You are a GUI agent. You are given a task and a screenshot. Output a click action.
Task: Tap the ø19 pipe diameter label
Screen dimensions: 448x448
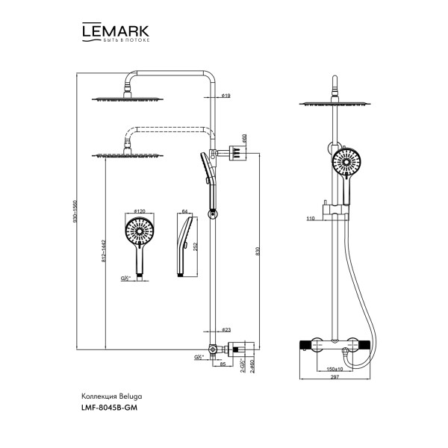click(x=225, y=96)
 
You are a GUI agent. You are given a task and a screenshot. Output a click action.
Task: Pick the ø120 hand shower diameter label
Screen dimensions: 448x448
click(x=138, y=213)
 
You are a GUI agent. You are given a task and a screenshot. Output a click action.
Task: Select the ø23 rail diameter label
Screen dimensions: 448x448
click(x=226, y=329)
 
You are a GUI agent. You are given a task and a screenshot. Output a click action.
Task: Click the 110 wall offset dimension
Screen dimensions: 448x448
click(x=310, y=218)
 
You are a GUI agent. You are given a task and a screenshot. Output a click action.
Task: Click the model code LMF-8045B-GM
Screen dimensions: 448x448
click(x=109, y=408)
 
